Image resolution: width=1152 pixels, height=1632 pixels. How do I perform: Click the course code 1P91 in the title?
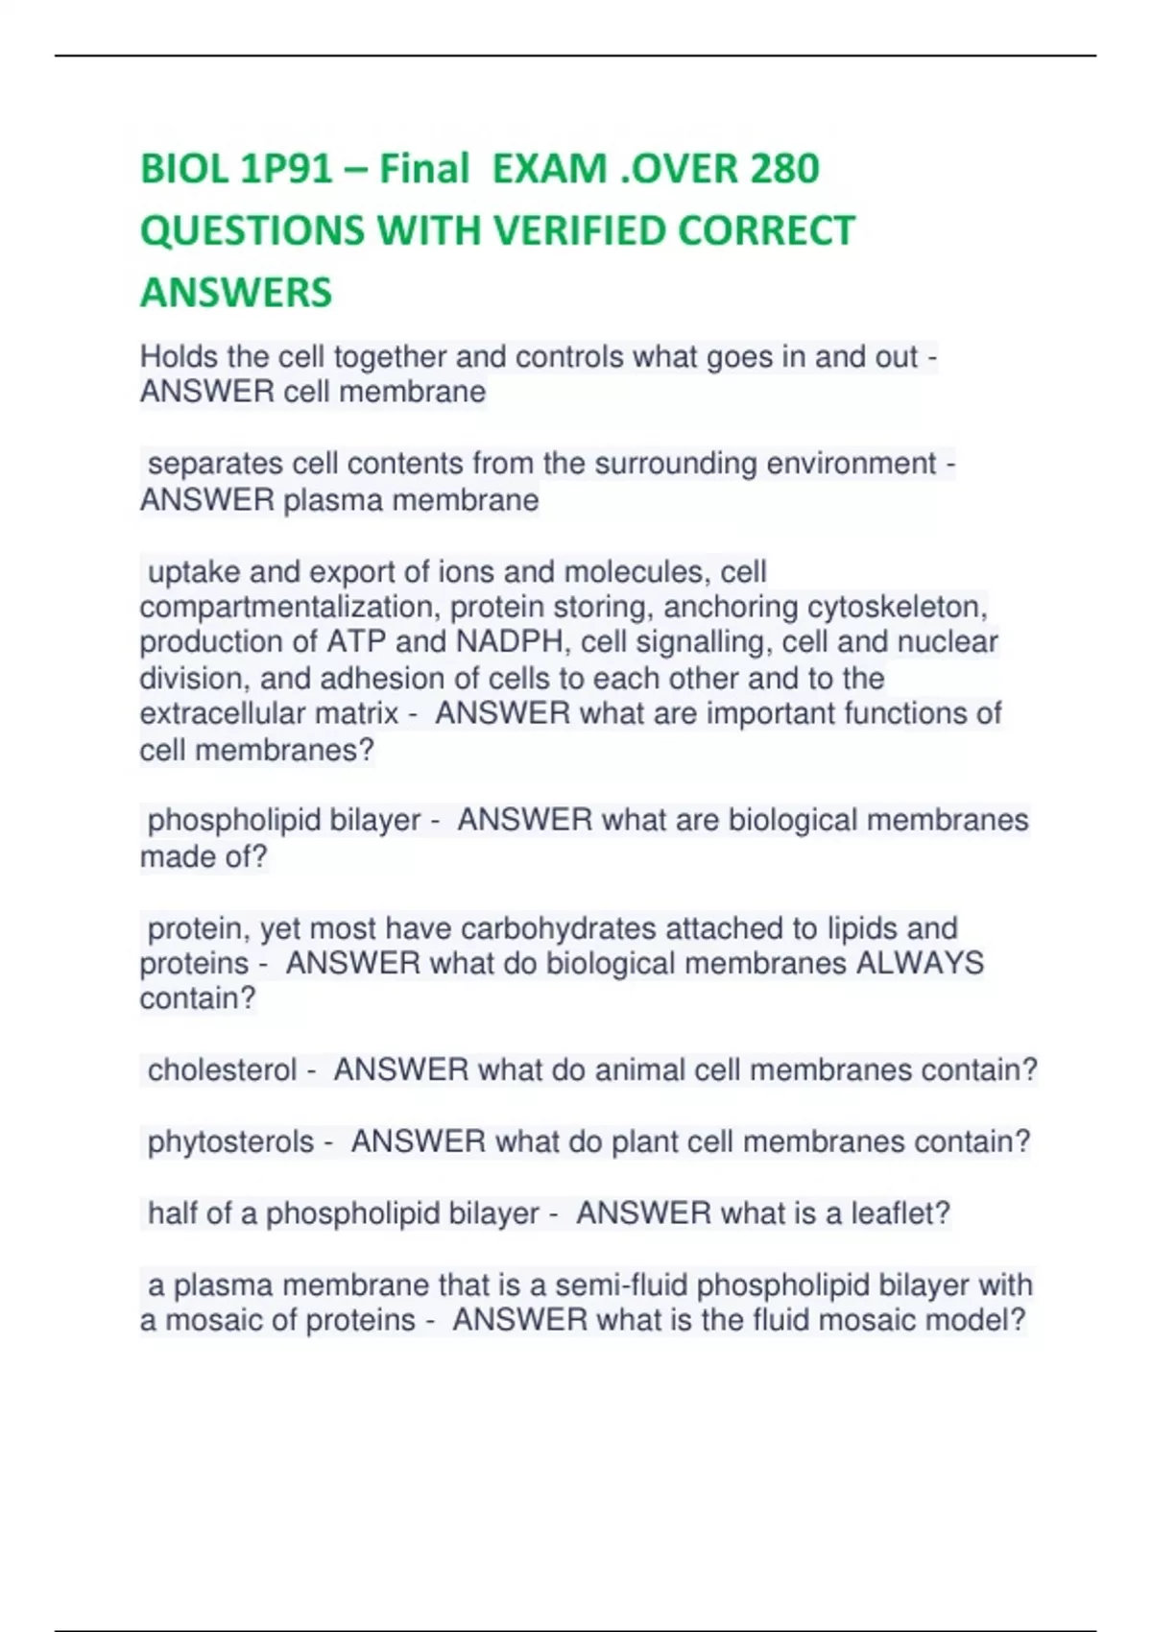click(x=286, y=169)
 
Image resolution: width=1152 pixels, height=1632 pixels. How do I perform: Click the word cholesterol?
click(x=222, y=1070)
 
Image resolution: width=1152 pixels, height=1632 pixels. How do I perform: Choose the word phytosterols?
click(x=230, y=1141)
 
